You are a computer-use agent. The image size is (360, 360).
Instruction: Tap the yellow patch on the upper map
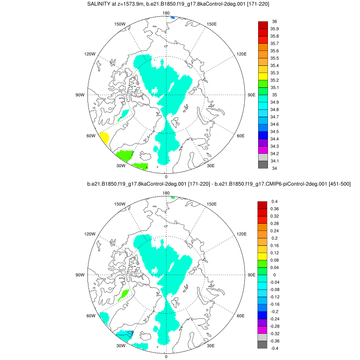[x=103, y=138]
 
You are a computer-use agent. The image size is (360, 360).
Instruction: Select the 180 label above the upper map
[x=166, y=13]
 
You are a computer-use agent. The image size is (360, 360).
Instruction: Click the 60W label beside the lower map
[x=91, y=316]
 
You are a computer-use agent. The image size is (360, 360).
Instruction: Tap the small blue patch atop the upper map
[x=172, y=18]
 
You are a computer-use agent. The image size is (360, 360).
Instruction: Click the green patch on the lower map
[x=122, y=295]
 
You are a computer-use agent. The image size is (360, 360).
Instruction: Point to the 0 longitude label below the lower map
[x=166, y=356]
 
